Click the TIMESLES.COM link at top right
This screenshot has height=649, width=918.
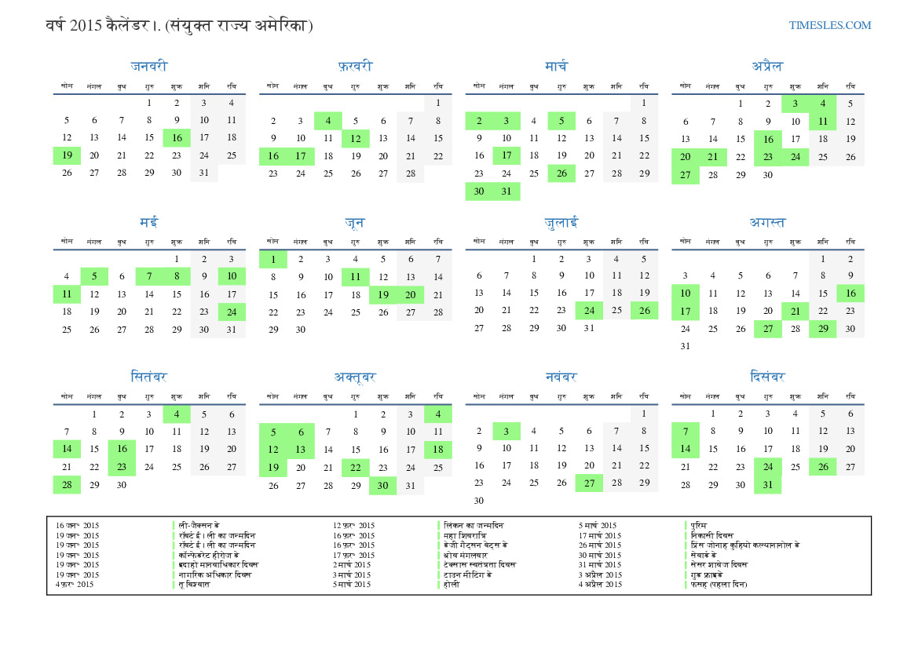[x=830, y=25]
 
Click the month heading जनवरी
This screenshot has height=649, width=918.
[x=149, y=66]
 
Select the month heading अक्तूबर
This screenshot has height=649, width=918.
[x=355, y=377]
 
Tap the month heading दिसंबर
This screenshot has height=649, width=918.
[x=767, y=377]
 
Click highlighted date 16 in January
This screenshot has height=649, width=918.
[x=177, y=138]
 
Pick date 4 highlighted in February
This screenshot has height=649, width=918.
[x=327, y=121]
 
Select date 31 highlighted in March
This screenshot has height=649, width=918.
[x=507, y=191]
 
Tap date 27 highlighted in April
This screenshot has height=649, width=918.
[x=685, y=175]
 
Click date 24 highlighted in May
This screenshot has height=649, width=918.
[x=232, y=312]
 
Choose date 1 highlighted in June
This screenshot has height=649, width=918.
[x=272, y=259]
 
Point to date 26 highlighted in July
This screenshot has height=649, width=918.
[x=644, y=311]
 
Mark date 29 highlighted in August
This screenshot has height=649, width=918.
[x=822, y=329]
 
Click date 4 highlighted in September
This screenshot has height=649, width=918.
[x=177, y=414]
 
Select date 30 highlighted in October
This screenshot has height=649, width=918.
[x=382, y=486]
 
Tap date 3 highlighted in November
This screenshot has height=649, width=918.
[x=507, y=431]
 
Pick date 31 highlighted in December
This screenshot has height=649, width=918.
[x=767, y=485]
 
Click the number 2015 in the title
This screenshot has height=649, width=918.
[x=85, y=26]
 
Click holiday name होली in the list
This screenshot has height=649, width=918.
[x=452, y=584]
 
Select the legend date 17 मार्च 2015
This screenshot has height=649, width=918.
[x=600, y=535]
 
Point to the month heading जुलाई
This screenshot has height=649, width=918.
[x=561, y=223]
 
